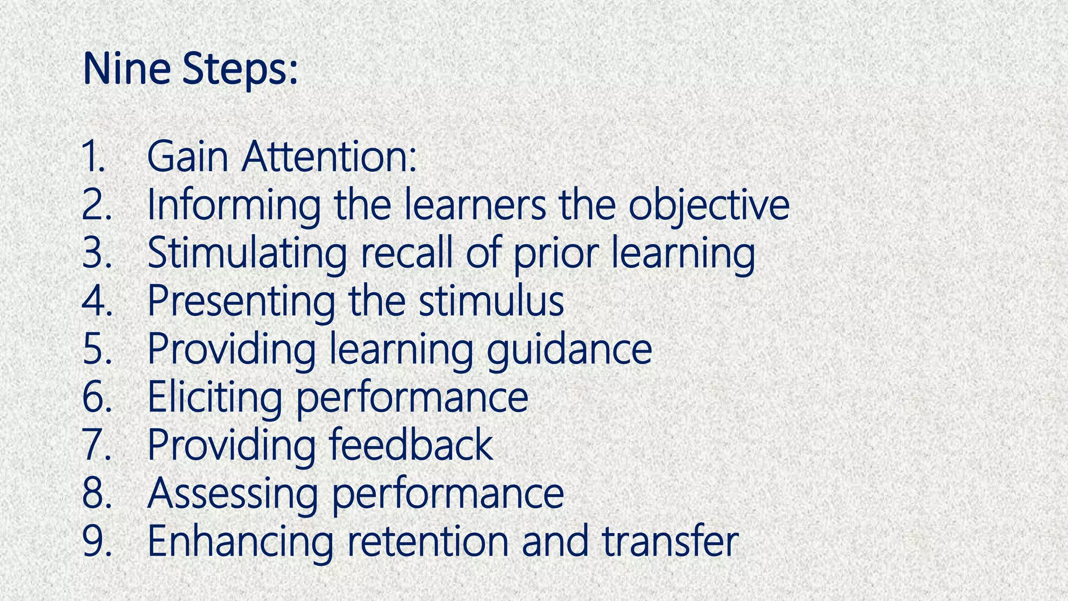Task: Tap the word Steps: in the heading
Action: coord(240,70)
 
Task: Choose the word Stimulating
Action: coord(247,254)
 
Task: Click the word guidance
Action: coord(569,350)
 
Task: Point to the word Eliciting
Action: coord(214,398)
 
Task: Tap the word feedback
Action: coord(410,444)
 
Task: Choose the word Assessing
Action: coord(233,494)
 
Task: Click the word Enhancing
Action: coord(240,542)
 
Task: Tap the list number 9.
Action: coord(96,542)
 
